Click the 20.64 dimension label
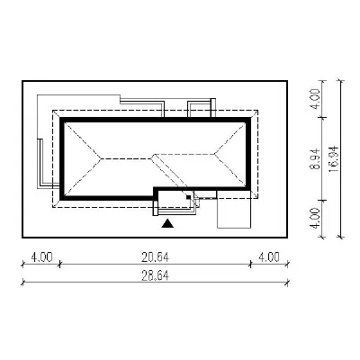click(156, 256)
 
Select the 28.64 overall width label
click(156, 275)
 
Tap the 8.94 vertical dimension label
click(316, 158)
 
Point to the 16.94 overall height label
click(333, 159)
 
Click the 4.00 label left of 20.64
click(41, 256)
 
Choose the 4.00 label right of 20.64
click(269, 256)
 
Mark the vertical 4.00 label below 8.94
click(316, 219)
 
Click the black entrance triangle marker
click(167, 223)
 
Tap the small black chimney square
click(188, 197)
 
